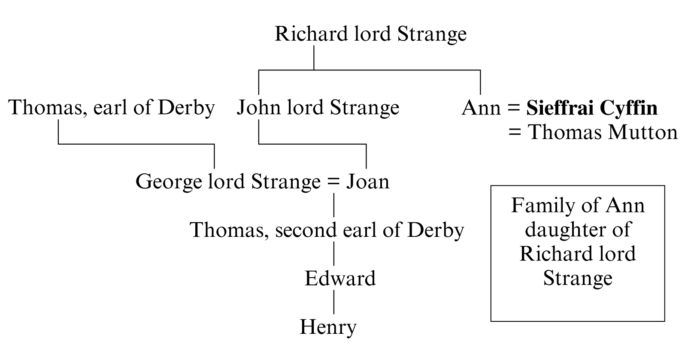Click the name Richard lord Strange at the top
tap(370, 34)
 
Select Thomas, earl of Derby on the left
tap(112, 107)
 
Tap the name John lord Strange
tap(318, 107)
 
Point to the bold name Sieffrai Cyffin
tap(592, 108)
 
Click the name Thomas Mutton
tap(603, 132)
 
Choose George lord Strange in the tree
tap(227, 182)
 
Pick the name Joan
tap(367, 182)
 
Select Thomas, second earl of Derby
tap(327, 230)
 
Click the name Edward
tap(340, 278)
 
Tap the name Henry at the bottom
tap(328, 327)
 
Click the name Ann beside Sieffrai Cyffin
tap(481, 108)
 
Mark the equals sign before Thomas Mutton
tap(515, 132)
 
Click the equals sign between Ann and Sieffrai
tap(514, 108)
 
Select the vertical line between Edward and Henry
tap(334, 303)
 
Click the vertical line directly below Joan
tap(334, 205)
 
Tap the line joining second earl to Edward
tap(334, 254)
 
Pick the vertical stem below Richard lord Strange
tap(314, 57)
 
